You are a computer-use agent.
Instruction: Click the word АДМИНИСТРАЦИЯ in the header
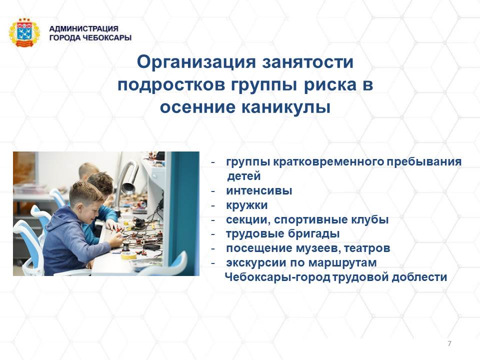(84, 29)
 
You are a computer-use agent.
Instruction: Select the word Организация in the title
(196, 62)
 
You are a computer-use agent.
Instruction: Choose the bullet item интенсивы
(259, 190)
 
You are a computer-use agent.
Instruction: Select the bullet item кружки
(246, 205)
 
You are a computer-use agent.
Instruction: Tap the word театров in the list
(367, 248)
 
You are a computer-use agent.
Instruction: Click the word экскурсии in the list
(265, 262)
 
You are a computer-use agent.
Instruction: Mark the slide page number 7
(449, 343)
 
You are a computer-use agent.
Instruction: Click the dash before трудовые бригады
(213, 234)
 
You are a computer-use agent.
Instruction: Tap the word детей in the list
(244, 176)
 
